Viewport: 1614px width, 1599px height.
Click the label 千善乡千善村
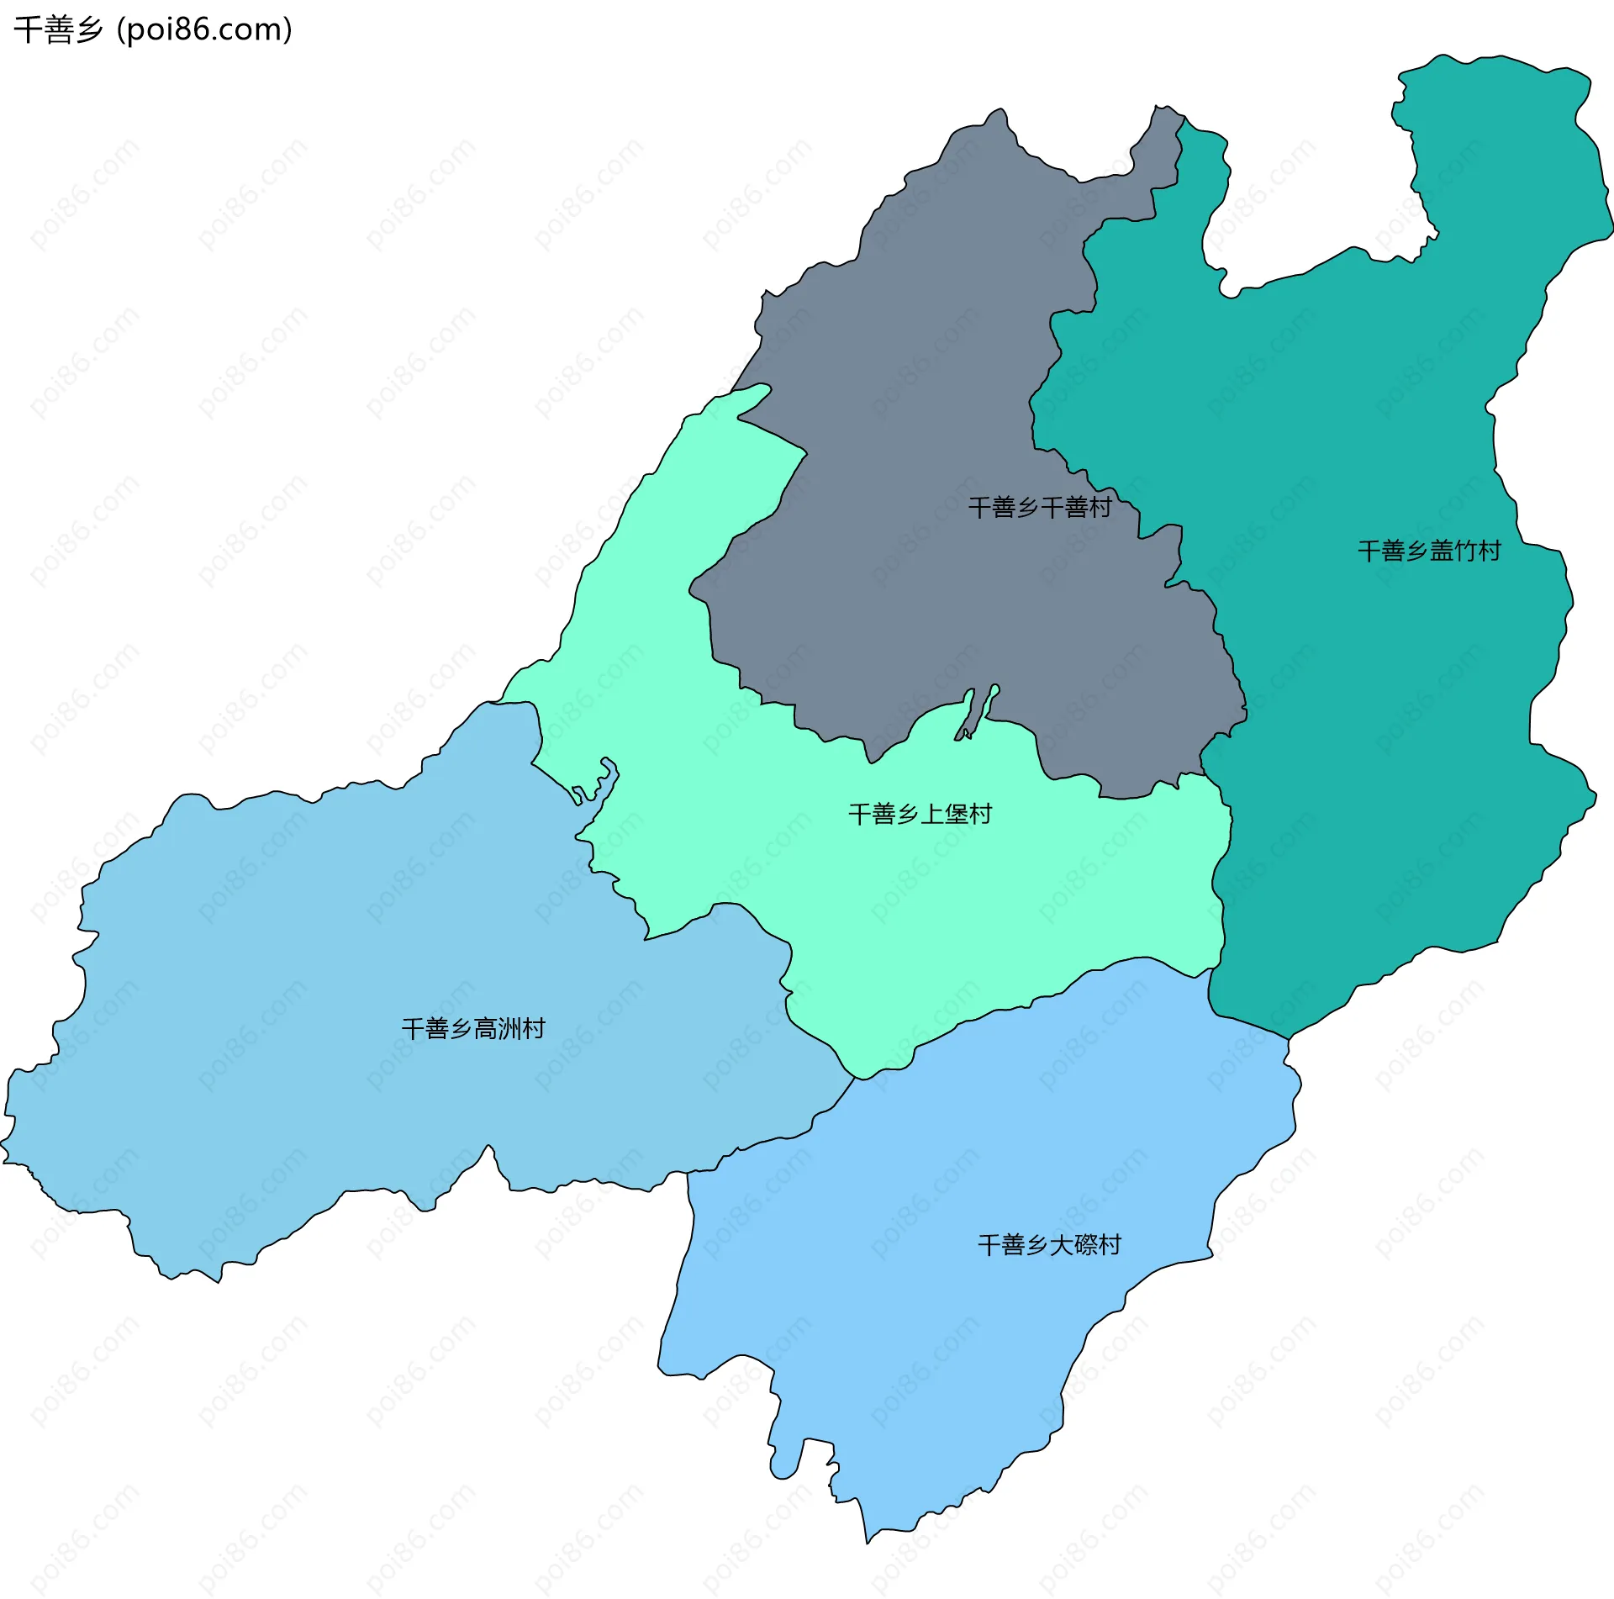point(1040,507)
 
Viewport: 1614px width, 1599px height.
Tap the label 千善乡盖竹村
point(1429,551)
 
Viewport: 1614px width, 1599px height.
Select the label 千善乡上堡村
point(920,814)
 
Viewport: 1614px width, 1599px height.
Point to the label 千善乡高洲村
point(473,1028)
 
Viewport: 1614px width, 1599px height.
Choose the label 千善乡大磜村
point(1049,1244)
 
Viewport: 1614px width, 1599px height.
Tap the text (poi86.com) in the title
point(204,29)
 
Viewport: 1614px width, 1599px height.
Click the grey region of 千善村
point(925,378)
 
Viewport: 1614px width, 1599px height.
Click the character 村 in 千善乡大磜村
point(1110,1244)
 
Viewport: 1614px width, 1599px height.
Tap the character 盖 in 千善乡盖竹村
point(1442,551)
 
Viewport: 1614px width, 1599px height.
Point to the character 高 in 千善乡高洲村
point(486,1028)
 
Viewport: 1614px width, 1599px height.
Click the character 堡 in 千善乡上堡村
point(957,814)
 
